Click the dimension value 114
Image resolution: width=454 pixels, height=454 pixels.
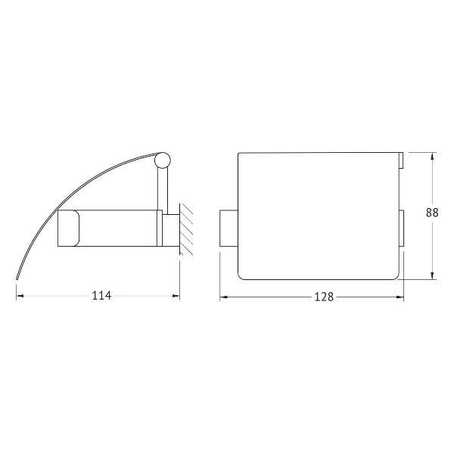[x=101, y=296]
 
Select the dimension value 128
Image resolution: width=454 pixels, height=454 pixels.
[x=324, y=297]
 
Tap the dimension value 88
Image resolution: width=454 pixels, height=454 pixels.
[x=432, y=213]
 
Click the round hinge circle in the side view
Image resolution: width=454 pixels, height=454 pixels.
[x=163, y=160]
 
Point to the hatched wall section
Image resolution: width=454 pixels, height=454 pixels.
[x=186, y=229]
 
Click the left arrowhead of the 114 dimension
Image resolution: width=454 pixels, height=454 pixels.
[x=20, y=296]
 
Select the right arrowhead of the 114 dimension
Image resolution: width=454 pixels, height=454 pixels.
[x=176, y=296]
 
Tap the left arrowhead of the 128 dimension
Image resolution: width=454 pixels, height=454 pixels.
[x=223, y=297]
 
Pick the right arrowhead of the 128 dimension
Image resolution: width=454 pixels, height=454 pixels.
[x=400, y=297]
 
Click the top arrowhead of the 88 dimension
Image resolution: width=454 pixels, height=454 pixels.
[x=432, y=156]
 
